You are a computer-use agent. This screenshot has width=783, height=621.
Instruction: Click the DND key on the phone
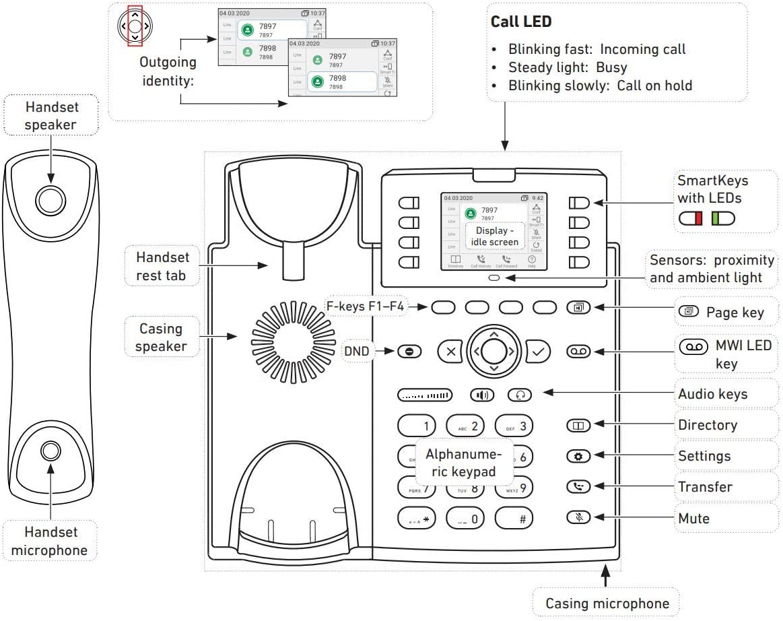(409, 351)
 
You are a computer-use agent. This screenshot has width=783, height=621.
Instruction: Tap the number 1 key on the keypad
(417, 426)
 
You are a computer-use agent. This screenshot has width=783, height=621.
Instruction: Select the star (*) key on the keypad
(417, 518)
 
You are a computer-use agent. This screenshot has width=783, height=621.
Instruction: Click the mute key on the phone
(578, 517)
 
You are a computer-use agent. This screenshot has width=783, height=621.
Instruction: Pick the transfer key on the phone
(578, 486)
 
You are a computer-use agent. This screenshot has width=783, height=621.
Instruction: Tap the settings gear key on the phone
(578, 456)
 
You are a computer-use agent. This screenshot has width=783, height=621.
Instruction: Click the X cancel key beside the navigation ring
(450, 351)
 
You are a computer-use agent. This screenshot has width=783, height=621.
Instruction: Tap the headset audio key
(519, 395)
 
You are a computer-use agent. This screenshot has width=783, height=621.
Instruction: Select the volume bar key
(425, 395)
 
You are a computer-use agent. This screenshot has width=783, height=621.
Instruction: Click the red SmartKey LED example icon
(691, 218)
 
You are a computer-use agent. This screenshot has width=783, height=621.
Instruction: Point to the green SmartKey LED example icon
(723, 218)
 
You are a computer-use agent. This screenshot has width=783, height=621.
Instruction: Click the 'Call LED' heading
(521, 22)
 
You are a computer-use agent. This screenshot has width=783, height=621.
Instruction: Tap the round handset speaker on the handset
(50, 199)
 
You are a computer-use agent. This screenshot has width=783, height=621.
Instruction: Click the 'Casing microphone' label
(607, 603)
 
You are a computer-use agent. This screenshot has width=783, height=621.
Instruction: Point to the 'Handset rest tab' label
(163, 265)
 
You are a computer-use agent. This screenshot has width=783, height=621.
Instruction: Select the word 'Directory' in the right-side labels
(707, 425)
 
